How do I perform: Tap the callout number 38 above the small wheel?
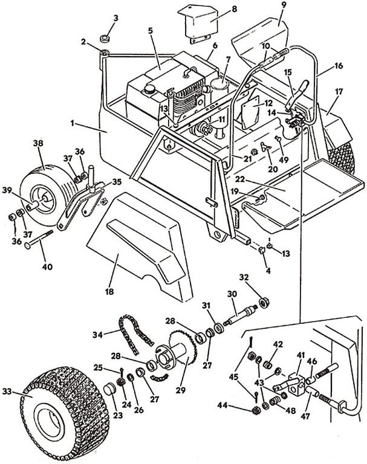point(38,144)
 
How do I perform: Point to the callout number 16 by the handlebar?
point(338,65)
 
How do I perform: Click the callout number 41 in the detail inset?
point(300,356)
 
